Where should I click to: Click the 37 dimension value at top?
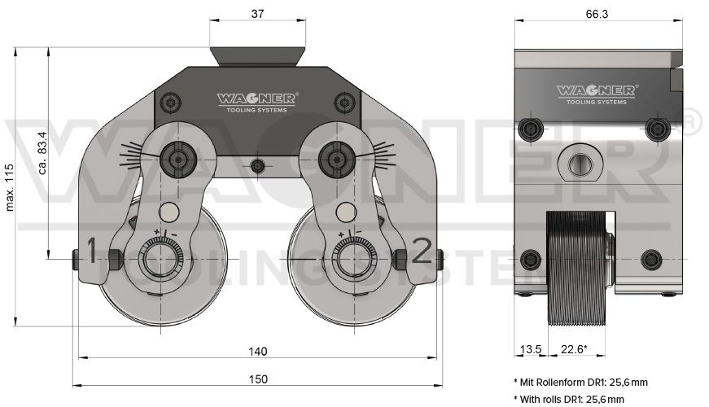[x=257, y=14]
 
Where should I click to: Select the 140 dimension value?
[x=258, y=352]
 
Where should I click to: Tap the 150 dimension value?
[x=258, y=379]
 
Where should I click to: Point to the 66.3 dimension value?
[x=597, y=14]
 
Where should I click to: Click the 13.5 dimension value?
[x=531, y=349]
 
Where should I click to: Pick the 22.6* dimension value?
[x=574, y=349]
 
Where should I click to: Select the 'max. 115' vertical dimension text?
[x=10, y=188]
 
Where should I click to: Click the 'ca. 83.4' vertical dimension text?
[x=42, y=153]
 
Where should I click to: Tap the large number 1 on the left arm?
[x=92, y=250]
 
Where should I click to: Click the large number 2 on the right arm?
[x=422, y=250]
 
